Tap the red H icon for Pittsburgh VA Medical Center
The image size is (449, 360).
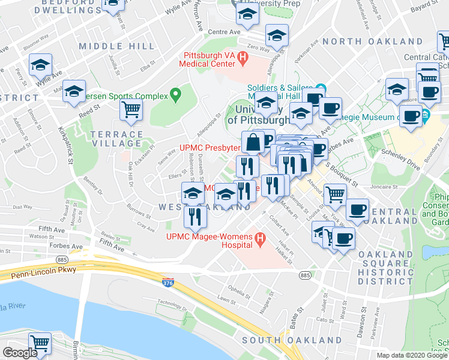tap(243, 59)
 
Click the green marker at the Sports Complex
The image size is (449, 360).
tap(175, 94)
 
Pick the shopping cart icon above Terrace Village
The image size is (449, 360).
tap(131, 109)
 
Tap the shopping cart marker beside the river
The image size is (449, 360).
tap(40, 343)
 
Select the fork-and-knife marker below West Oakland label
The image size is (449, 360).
tap(194, 215)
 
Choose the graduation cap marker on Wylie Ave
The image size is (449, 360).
tap(40, 65)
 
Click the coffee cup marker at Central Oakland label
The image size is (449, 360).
tap(357, 210)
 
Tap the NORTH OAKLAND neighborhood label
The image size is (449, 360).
tap(372, 41)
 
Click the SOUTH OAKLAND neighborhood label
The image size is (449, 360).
tap(291, 340)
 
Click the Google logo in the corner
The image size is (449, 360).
tap(20, 353)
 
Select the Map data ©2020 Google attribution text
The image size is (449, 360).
tap(411, 355)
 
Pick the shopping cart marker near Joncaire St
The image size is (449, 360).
tap(335, 194)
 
